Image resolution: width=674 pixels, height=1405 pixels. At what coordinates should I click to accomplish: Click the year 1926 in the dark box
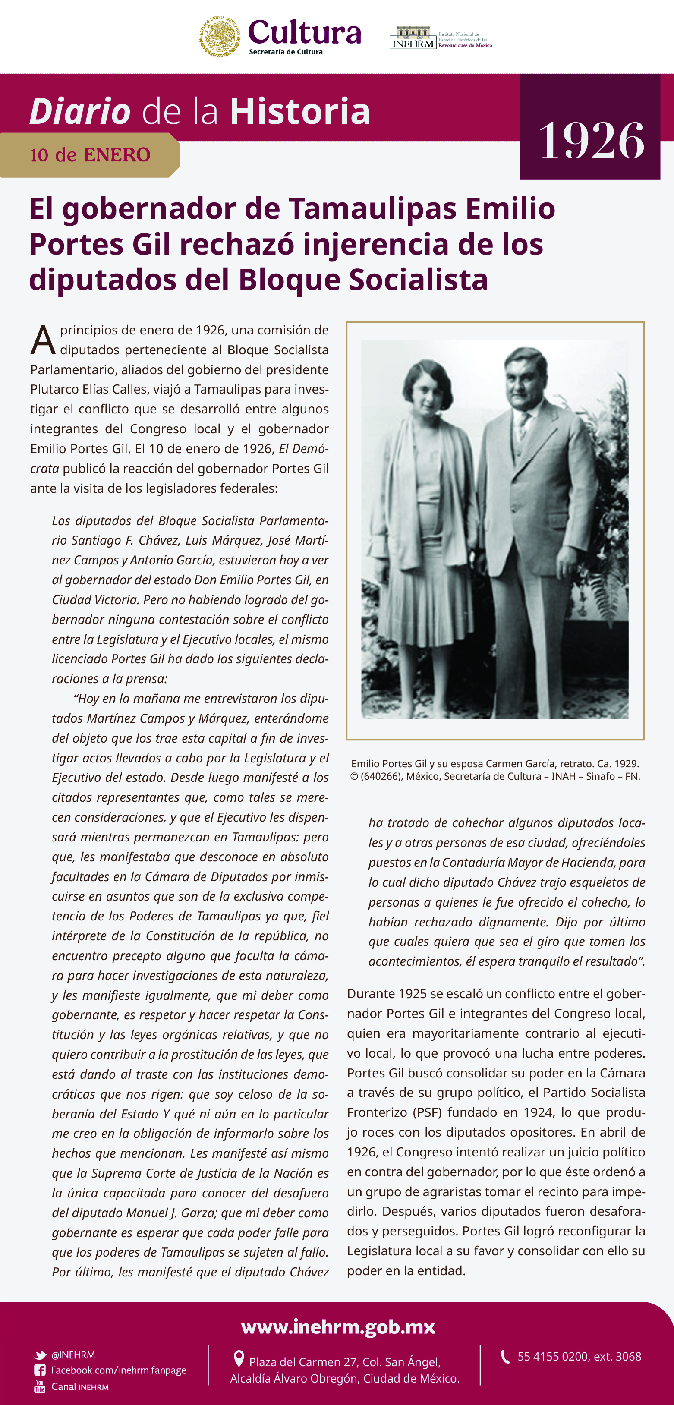pos(591,141)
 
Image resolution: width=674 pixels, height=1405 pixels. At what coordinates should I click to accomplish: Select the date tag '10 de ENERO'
pos(90,155)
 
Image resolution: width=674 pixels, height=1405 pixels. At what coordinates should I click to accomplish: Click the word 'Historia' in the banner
pos(300,111)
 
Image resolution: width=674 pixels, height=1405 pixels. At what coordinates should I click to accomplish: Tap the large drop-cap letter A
pos(43,341)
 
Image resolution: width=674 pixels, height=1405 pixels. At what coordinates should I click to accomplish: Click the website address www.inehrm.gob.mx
pos(337,1326)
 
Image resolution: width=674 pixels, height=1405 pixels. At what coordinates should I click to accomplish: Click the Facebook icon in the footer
pos(40,1370)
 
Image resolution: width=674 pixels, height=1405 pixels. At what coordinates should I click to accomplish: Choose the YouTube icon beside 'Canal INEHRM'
pos(40,1386)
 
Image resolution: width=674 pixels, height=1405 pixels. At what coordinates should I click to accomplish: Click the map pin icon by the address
pos(238,1358)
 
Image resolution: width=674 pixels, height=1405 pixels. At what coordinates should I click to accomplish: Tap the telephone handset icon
pos(506,1357)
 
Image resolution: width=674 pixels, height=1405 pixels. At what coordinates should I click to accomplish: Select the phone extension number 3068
pos(629,1357)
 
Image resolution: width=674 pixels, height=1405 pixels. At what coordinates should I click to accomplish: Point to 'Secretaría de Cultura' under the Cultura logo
pos(286,52)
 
